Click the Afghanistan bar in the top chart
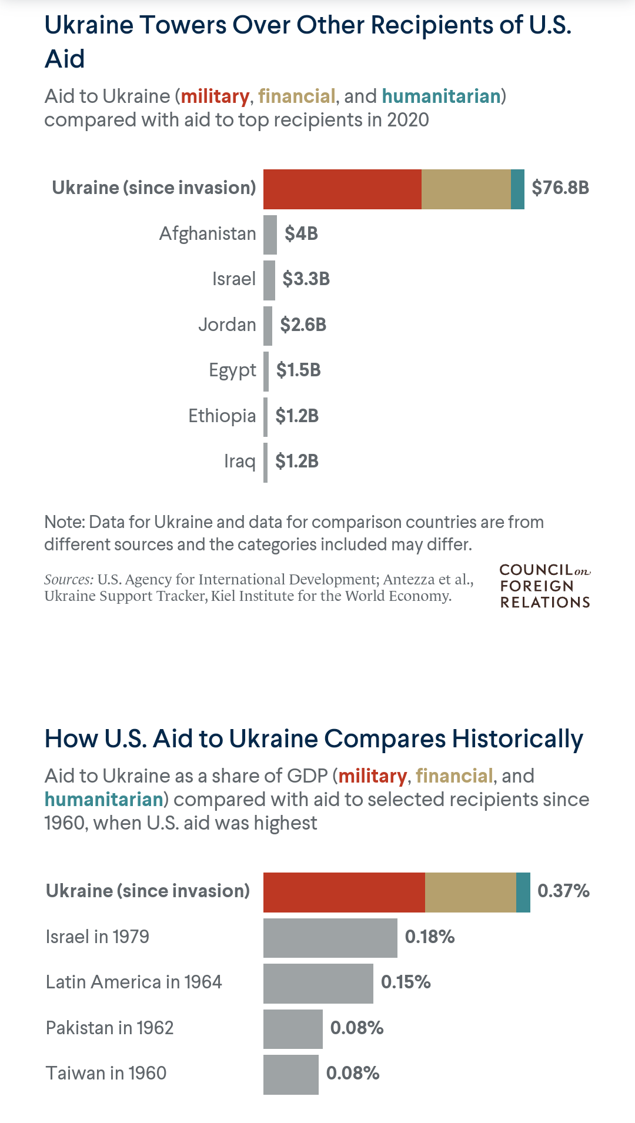click(x=270, y=235)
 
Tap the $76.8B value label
click(x=560, y=188)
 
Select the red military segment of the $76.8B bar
click(x=342, y=189)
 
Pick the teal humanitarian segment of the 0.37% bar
click(x=523, y=893)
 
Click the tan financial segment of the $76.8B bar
click(x=466, y=189)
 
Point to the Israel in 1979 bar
click(x=330, y=938)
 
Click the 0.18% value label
click(x=429, y=937)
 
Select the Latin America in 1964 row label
click(x=134, y=982)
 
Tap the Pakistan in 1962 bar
click(x=293, y=1029)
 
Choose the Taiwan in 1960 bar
click(x=290, y=1074)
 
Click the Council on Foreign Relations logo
click(x=544, y=586)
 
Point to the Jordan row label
click(x=227, y=325)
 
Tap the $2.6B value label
click(x=303, y=325)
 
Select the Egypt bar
click(x=266, y=372)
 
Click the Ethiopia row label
click(x=222, y=416)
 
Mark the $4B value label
click(x=301, y=234)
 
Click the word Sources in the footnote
click(x=68, y=580)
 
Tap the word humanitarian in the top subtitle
click(x=441, y=96)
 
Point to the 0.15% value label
click(x=406, y=982)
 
